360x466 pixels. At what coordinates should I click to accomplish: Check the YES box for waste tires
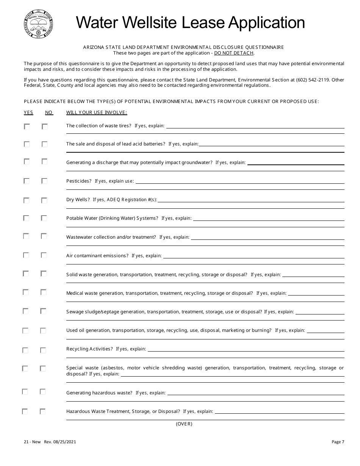[x=27, y=127]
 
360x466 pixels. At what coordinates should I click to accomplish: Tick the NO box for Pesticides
[x=44, y=181]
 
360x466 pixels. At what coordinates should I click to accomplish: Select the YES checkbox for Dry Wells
[x=27, y=200]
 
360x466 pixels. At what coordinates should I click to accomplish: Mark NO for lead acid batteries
[x=44, y=144]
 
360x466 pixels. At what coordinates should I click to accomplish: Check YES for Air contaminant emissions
[x=26, y=255]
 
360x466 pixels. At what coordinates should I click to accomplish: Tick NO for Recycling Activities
[x=43, y=350]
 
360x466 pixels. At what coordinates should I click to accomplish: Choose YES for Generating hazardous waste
[x=25, y=392]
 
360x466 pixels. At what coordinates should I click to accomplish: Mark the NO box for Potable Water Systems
[x=44, y=218]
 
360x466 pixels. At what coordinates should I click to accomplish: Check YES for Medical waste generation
[x=26, y=292]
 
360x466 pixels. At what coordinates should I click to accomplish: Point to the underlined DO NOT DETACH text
[x=234, y=53]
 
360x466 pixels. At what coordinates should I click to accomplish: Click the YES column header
[x=28, y=113]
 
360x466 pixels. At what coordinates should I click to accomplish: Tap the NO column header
[x=49, y=113]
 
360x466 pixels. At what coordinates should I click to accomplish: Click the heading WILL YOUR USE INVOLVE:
[x=97, y=113]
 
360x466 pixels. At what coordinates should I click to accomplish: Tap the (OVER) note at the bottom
[x=184, y=424]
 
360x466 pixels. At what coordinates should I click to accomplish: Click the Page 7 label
[x=338, y=442]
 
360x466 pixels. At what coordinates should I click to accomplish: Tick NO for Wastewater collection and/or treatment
[x=44, y=236]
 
